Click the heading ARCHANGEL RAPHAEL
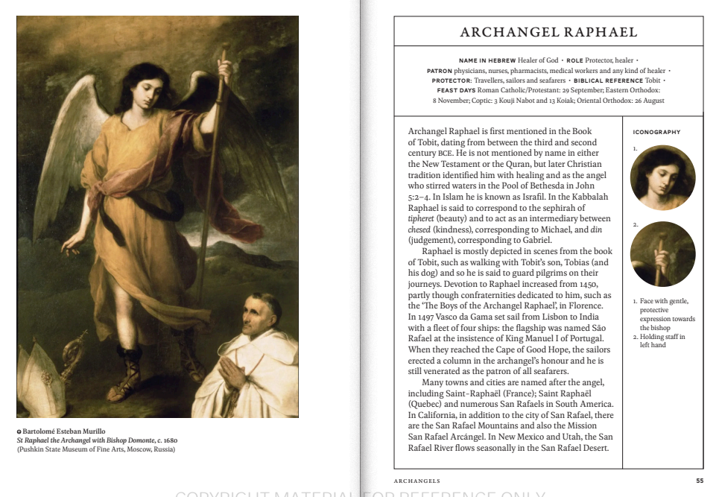[x=548, y=32]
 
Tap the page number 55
[x=699, y=481]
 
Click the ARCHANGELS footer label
[x=417, y=481]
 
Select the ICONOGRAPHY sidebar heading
[x=656, y=132]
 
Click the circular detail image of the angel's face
[x=662, y=177]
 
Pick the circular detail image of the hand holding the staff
[x=662, y=254]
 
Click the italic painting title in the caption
[x=96, y=440]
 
